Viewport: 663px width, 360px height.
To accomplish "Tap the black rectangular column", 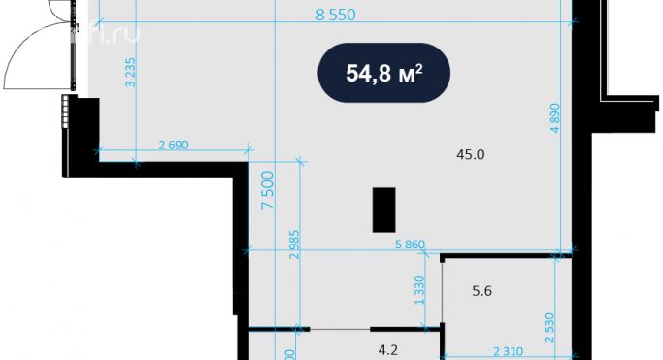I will tap(383, 210).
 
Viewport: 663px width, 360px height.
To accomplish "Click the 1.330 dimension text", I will tap(419, 290).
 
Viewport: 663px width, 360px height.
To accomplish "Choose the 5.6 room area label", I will tap(482, 289).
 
